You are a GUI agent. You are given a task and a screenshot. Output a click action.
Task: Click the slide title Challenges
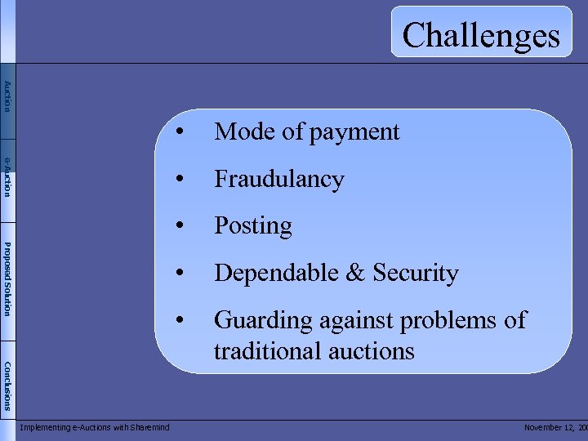pyautogui.click(x=481, y=35)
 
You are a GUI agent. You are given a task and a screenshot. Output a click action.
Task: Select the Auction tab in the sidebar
pyautogui.click(x=7, y=97)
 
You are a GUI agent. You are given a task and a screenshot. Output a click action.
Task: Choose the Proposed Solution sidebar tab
pyautogui.click(x=7, y=278)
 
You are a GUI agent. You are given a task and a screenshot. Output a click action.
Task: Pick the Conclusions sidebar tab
pyautogui.click(x=7, y=385)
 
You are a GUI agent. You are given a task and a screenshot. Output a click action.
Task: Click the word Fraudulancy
pyautogui.click(x=278, y=179)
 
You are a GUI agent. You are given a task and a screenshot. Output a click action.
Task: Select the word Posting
pyautogui.click(x=252, y=226)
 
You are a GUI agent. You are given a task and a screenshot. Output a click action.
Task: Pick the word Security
pyautogui.click(x=415, y=274)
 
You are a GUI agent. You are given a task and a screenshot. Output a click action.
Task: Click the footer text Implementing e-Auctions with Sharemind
pyautogui.click(x=94, y=428)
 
